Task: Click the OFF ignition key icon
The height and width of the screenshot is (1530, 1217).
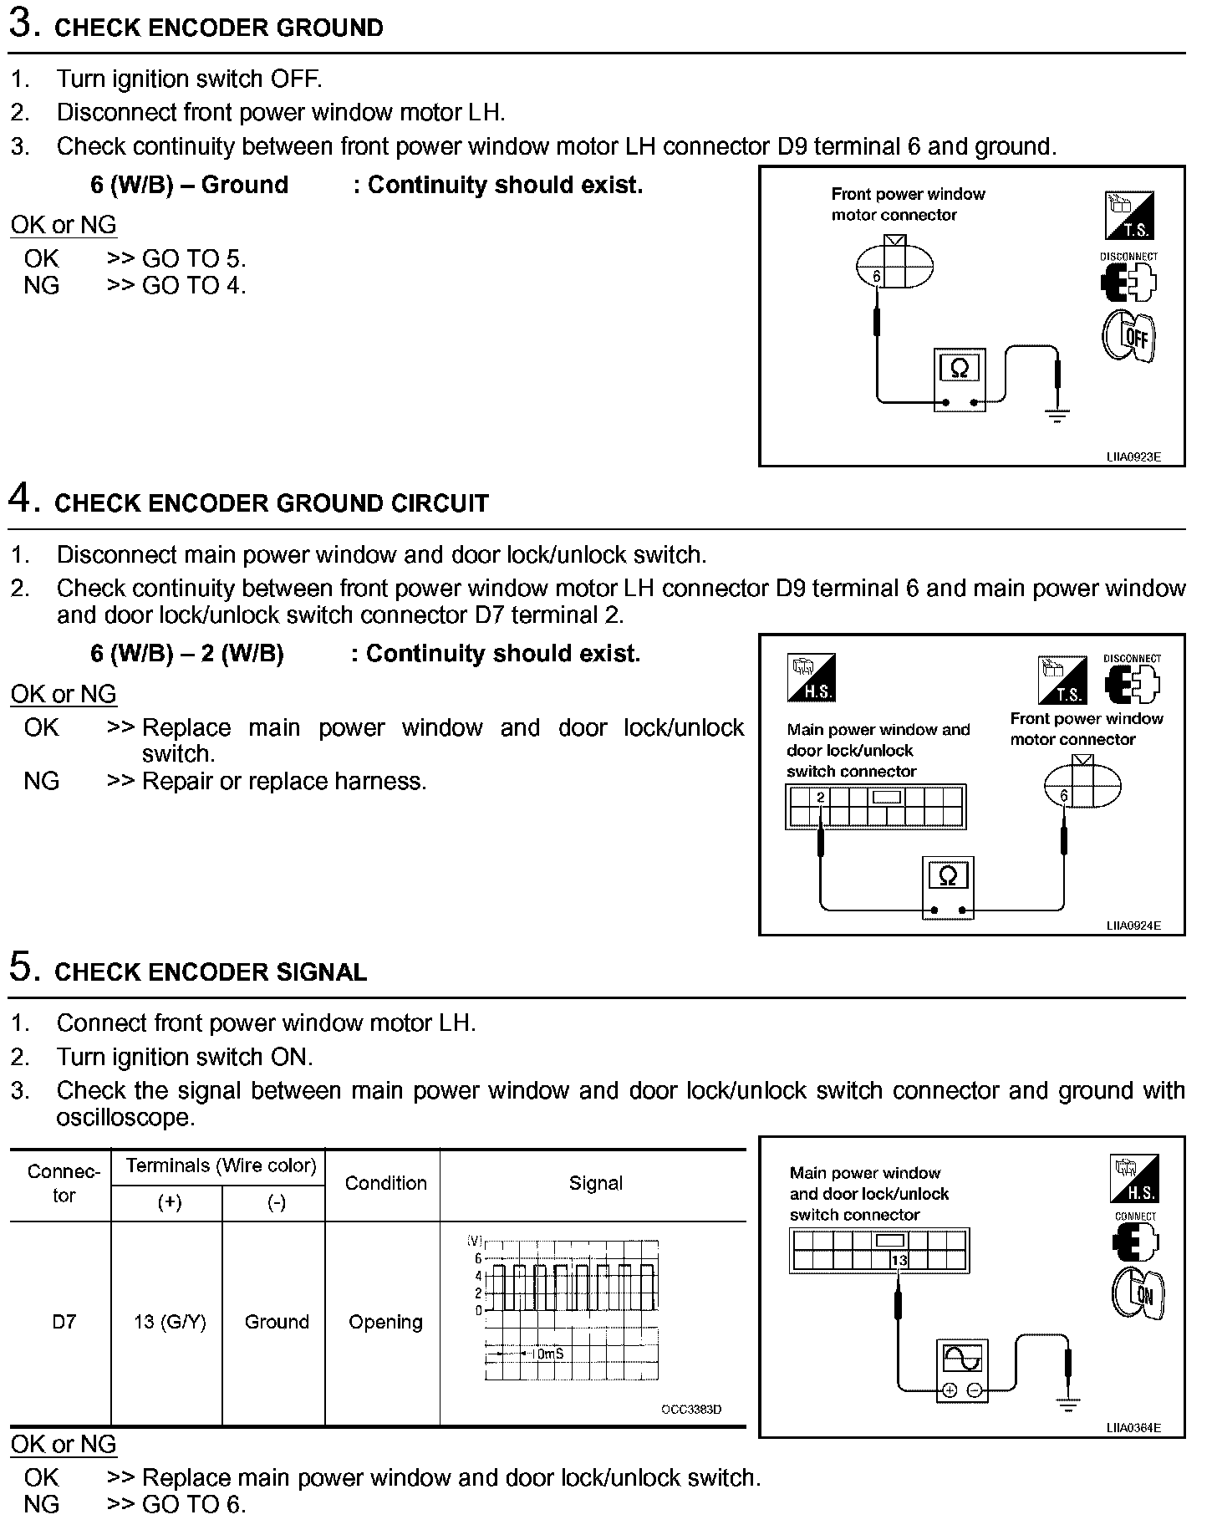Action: tap(1129, 336)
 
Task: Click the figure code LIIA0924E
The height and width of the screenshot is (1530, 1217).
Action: tap(1133, 926)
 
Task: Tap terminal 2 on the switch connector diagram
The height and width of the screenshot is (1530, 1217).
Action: tap(821, 797)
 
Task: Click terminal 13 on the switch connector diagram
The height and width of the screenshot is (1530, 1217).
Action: tap(899, 1260)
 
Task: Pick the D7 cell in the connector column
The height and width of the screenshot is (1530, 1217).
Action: tap(64, 1322)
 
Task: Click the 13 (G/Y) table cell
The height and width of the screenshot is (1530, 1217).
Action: tap(170, 1322)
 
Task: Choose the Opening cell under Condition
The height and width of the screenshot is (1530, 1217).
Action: tap(385, 1322)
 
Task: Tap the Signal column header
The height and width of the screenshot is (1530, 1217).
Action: tap(595, 1183)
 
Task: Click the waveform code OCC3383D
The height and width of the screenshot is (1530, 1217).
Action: tap(691, 1410)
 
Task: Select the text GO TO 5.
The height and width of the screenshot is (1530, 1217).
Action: tap(194, 258)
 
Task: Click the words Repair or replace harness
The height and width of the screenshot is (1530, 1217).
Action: tap(284, 781)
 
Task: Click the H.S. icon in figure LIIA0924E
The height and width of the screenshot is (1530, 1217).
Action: tap(811, 678)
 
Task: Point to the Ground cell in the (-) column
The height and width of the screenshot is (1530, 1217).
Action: tap(277, 1322)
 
